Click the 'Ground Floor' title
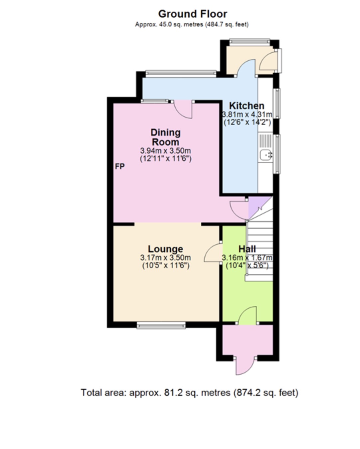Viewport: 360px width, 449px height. click(x=192, y=14)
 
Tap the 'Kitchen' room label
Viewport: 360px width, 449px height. click(x=247, y=106)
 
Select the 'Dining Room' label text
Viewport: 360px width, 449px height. click(x=165, y=137)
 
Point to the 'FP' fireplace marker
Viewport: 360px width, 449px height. click(x=120, y=166)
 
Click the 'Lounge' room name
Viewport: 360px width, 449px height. click(x=165, y=249)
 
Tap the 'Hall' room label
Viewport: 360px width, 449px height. click(x=247, y=249)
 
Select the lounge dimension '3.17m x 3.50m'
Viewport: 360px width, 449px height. click(x=165, y=257)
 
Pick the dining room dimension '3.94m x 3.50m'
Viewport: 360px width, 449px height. click(x=165, y=151)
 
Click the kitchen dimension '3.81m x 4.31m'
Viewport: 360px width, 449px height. click(x=247, y=114)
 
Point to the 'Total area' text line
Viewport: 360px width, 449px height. click(x=189, y=393)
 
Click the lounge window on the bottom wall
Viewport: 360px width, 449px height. click(x=161, y=325)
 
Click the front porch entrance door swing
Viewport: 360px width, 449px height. click(x=246, y=366)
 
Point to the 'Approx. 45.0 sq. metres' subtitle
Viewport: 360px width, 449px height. click(x=192, y=24)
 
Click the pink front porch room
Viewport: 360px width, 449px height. click(x=247, y=340)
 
